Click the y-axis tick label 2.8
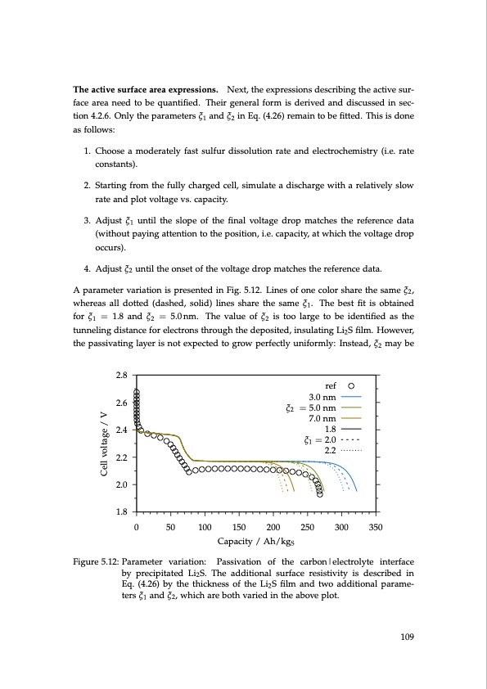point(120,375)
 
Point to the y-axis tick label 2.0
point(120,485)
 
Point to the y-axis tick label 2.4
point(120,430)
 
